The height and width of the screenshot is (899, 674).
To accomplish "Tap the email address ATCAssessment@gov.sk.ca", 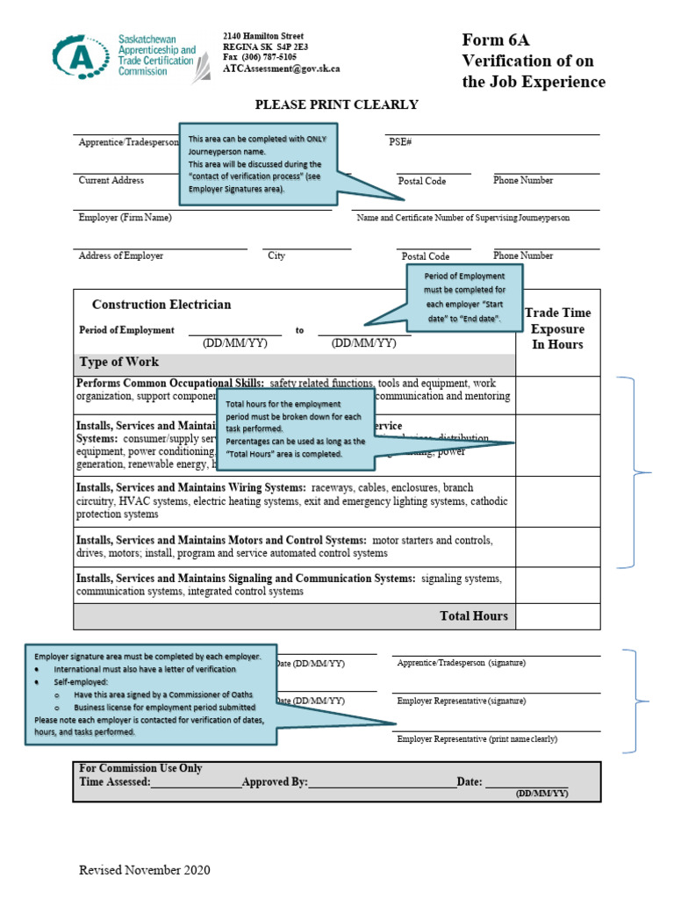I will pyautogui.click(x=281, y=68).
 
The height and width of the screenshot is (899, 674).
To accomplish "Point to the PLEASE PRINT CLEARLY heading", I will pyautogui.click(x=336, y=104).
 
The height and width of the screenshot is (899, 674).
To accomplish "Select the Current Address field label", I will pyautogui.click(x=111, y=180).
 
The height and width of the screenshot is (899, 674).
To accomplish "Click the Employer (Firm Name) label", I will pyautogui.click(x=125, y=218).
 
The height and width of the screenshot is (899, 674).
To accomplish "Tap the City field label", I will pyautogui.click(x=276, y=255).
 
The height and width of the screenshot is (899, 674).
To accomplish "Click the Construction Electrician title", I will pyautogui.click(x=161, y=305).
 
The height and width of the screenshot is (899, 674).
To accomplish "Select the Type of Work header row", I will pyautogui.click(x=295, y=363).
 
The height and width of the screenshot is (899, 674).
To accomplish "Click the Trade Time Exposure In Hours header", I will pyautogui.click(x=557, y=328).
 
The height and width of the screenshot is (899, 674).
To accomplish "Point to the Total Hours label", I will pyautogui.click(x=473, y=615).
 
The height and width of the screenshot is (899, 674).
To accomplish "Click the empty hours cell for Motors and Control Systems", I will pyautogui.click(x=557, y=547).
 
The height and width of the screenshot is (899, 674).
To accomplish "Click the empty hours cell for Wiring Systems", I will pyautogui.click(x=557, y=501).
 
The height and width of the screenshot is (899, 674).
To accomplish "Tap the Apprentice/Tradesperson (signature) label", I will pyautogui.click(x=461, y=663).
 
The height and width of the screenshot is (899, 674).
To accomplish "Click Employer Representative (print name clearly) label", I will pyautogui.click(x=477, y=739).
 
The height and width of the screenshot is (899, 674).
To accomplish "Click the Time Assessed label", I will pyautogui.click(x=115, y=781).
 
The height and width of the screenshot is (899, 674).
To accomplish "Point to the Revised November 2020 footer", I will pyautogui.click(x=144, y=871).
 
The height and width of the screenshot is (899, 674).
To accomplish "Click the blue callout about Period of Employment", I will pyautogui.click(x=464, y=297).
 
